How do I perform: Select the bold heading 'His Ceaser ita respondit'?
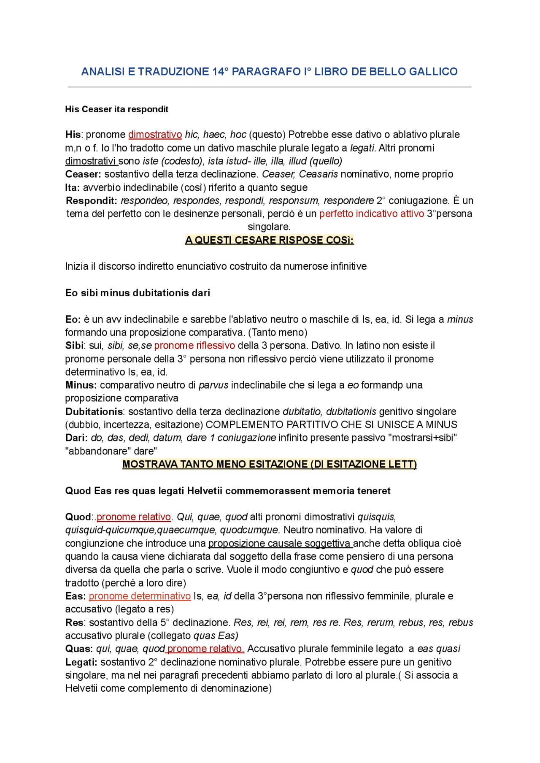pyautogui.click(x=116, y=109)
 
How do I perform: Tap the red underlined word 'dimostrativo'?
pyautogui.click(x=155, y=135)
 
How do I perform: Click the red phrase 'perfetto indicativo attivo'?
pyautogui.click(x=371, y=214)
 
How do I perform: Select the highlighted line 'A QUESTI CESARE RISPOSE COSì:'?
pyautogui.click(x=269, y=240)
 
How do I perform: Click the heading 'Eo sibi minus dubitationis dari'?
pyautogui.click(x=138, y=293)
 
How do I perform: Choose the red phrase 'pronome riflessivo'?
pyautogui.click(x=194, y=346)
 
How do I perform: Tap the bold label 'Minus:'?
pyautogui.click(x=81, y=385)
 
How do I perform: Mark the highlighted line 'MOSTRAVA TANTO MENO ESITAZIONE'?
pyautogui.click(x=269, y=464)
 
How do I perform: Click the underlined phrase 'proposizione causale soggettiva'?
pyautogui.click(x=280, y=543)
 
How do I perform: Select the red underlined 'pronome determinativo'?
pyautogui.click(x=140, y=596)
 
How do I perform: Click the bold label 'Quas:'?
pyautogui.click(x=79, y=649)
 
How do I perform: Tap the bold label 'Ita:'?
pyautogui.click(x=73, y=187)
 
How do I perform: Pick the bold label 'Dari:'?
pyautogui.click(x=76, y=438)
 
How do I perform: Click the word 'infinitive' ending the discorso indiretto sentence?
pyautogui.click(x=347, y=266)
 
